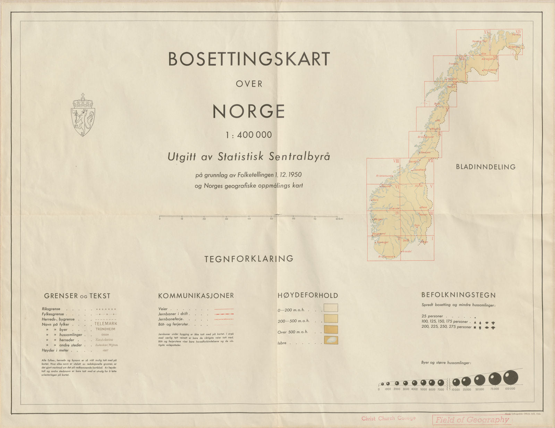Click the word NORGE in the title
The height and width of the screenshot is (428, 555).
pos(249,111)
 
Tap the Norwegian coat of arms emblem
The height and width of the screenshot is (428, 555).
pos(83,115)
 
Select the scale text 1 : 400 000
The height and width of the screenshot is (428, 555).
pos(249,135)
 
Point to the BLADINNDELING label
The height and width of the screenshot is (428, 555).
pos(486,167)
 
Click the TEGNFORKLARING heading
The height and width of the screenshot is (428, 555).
pos(249,259)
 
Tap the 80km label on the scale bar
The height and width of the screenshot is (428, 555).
pos(339,219)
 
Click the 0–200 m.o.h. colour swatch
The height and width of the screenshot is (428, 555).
pos(331,308)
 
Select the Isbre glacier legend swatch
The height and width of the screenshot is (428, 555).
pos(331,341)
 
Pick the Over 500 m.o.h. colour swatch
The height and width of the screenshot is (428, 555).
pos(331,330)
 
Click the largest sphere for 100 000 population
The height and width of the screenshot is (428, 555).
pos(510,377)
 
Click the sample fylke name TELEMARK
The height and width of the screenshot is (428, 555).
pos(106,324)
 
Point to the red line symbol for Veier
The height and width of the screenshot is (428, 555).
pos(224,309)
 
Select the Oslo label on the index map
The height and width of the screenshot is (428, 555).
pos(417,225)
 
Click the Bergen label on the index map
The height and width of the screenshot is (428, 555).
pos(378,219)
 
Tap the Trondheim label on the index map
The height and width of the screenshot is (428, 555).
pos(419,170)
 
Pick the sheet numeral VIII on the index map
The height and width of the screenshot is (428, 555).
pos(396,161)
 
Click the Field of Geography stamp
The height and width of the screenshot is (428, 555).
pos(472,420)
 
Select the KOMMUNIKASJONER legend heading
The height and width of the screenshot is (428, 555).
pos(196,296)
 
